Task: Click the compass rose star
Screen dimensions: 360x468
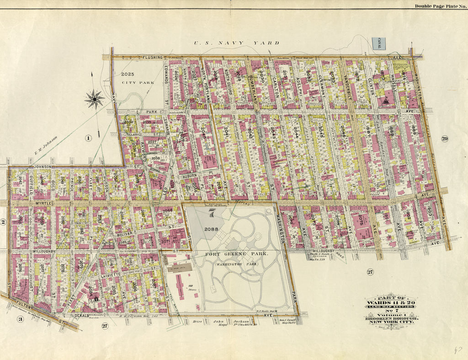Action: (95, 98)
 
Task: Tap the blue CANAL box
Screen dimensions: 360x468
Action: (379, 43)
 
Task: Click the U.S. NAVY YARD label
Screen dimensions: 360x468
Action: (236, 43)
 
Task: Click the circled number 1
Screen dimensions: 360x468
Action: (89, 138)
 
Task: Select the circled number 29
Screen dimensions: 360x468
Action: (444, 138)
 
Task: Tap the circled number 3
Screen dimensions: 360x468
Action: (20, 319)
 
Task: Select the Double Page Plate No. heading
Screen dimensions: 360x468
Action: (440, 5)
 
